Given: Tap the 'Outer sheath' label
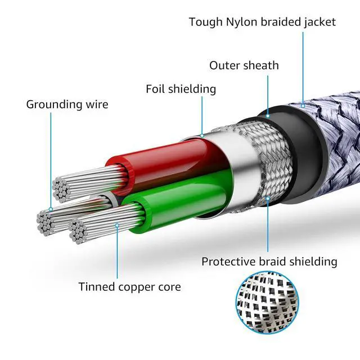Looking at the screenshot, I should click(244, 65).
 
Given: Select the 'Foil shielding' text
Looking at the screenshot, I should click(181, 89).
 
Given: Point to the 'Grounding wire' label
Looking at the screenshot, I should click(67, 104).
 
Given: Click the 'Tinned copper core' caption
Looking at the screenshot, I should click(129, 287).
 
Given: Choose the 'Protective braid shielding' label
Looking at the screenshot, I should click(269, 262).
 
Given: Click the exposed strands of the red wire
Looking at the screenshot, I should click(84, 180).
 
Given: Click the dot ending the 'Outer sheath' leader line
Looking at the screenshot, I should click(268, 116).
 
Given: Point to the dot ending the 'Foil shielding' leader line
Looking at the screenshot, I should click(202, 135).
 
